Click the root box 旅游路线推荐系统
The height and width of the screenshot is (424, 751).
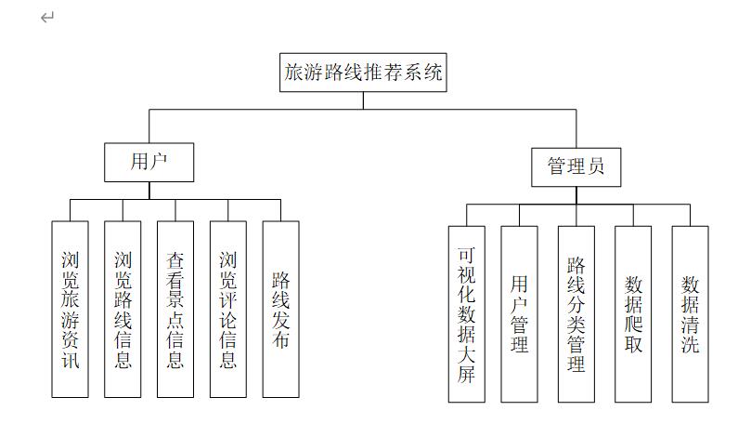363,73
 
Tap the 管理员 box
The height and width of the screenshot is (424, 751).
576,166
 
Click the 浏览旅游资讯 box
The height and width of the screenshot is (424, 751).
71,309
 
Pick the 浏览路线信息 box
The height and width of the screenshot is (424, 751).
123,309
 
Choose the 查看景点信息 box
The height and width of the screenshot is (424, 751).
175,309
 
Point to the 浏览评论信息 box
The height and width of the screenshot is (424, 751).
228,309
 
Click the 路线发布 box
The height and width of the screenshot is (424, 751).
281,309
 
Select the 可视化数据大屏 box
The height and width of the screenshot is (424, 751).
466,313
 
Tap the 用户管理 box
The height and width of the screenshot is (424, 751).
519,313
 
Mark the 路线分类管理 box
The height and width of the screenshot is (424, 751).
576,313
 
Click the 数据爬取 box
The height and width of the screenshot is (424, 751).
633,313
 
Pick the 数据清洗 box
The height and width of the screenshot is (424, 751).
690,313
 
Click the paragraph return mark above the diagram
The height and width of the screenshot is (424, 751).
47,17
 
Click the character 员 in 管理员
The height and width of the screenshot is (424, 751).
596,166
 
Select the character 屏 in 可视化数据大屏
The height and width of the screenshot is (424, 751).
466,375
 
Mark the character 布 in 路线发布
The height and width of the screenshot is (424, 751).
281,339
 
